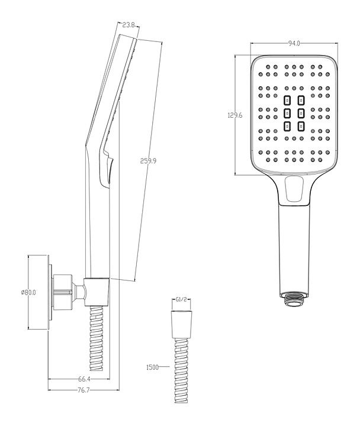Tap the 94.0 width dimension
[x=293, y=43]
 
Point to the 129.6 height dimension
[x=235, y=115]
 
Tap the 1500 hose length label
[x=153, y=367]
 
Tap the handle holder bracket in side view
[x=97, y=291]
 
